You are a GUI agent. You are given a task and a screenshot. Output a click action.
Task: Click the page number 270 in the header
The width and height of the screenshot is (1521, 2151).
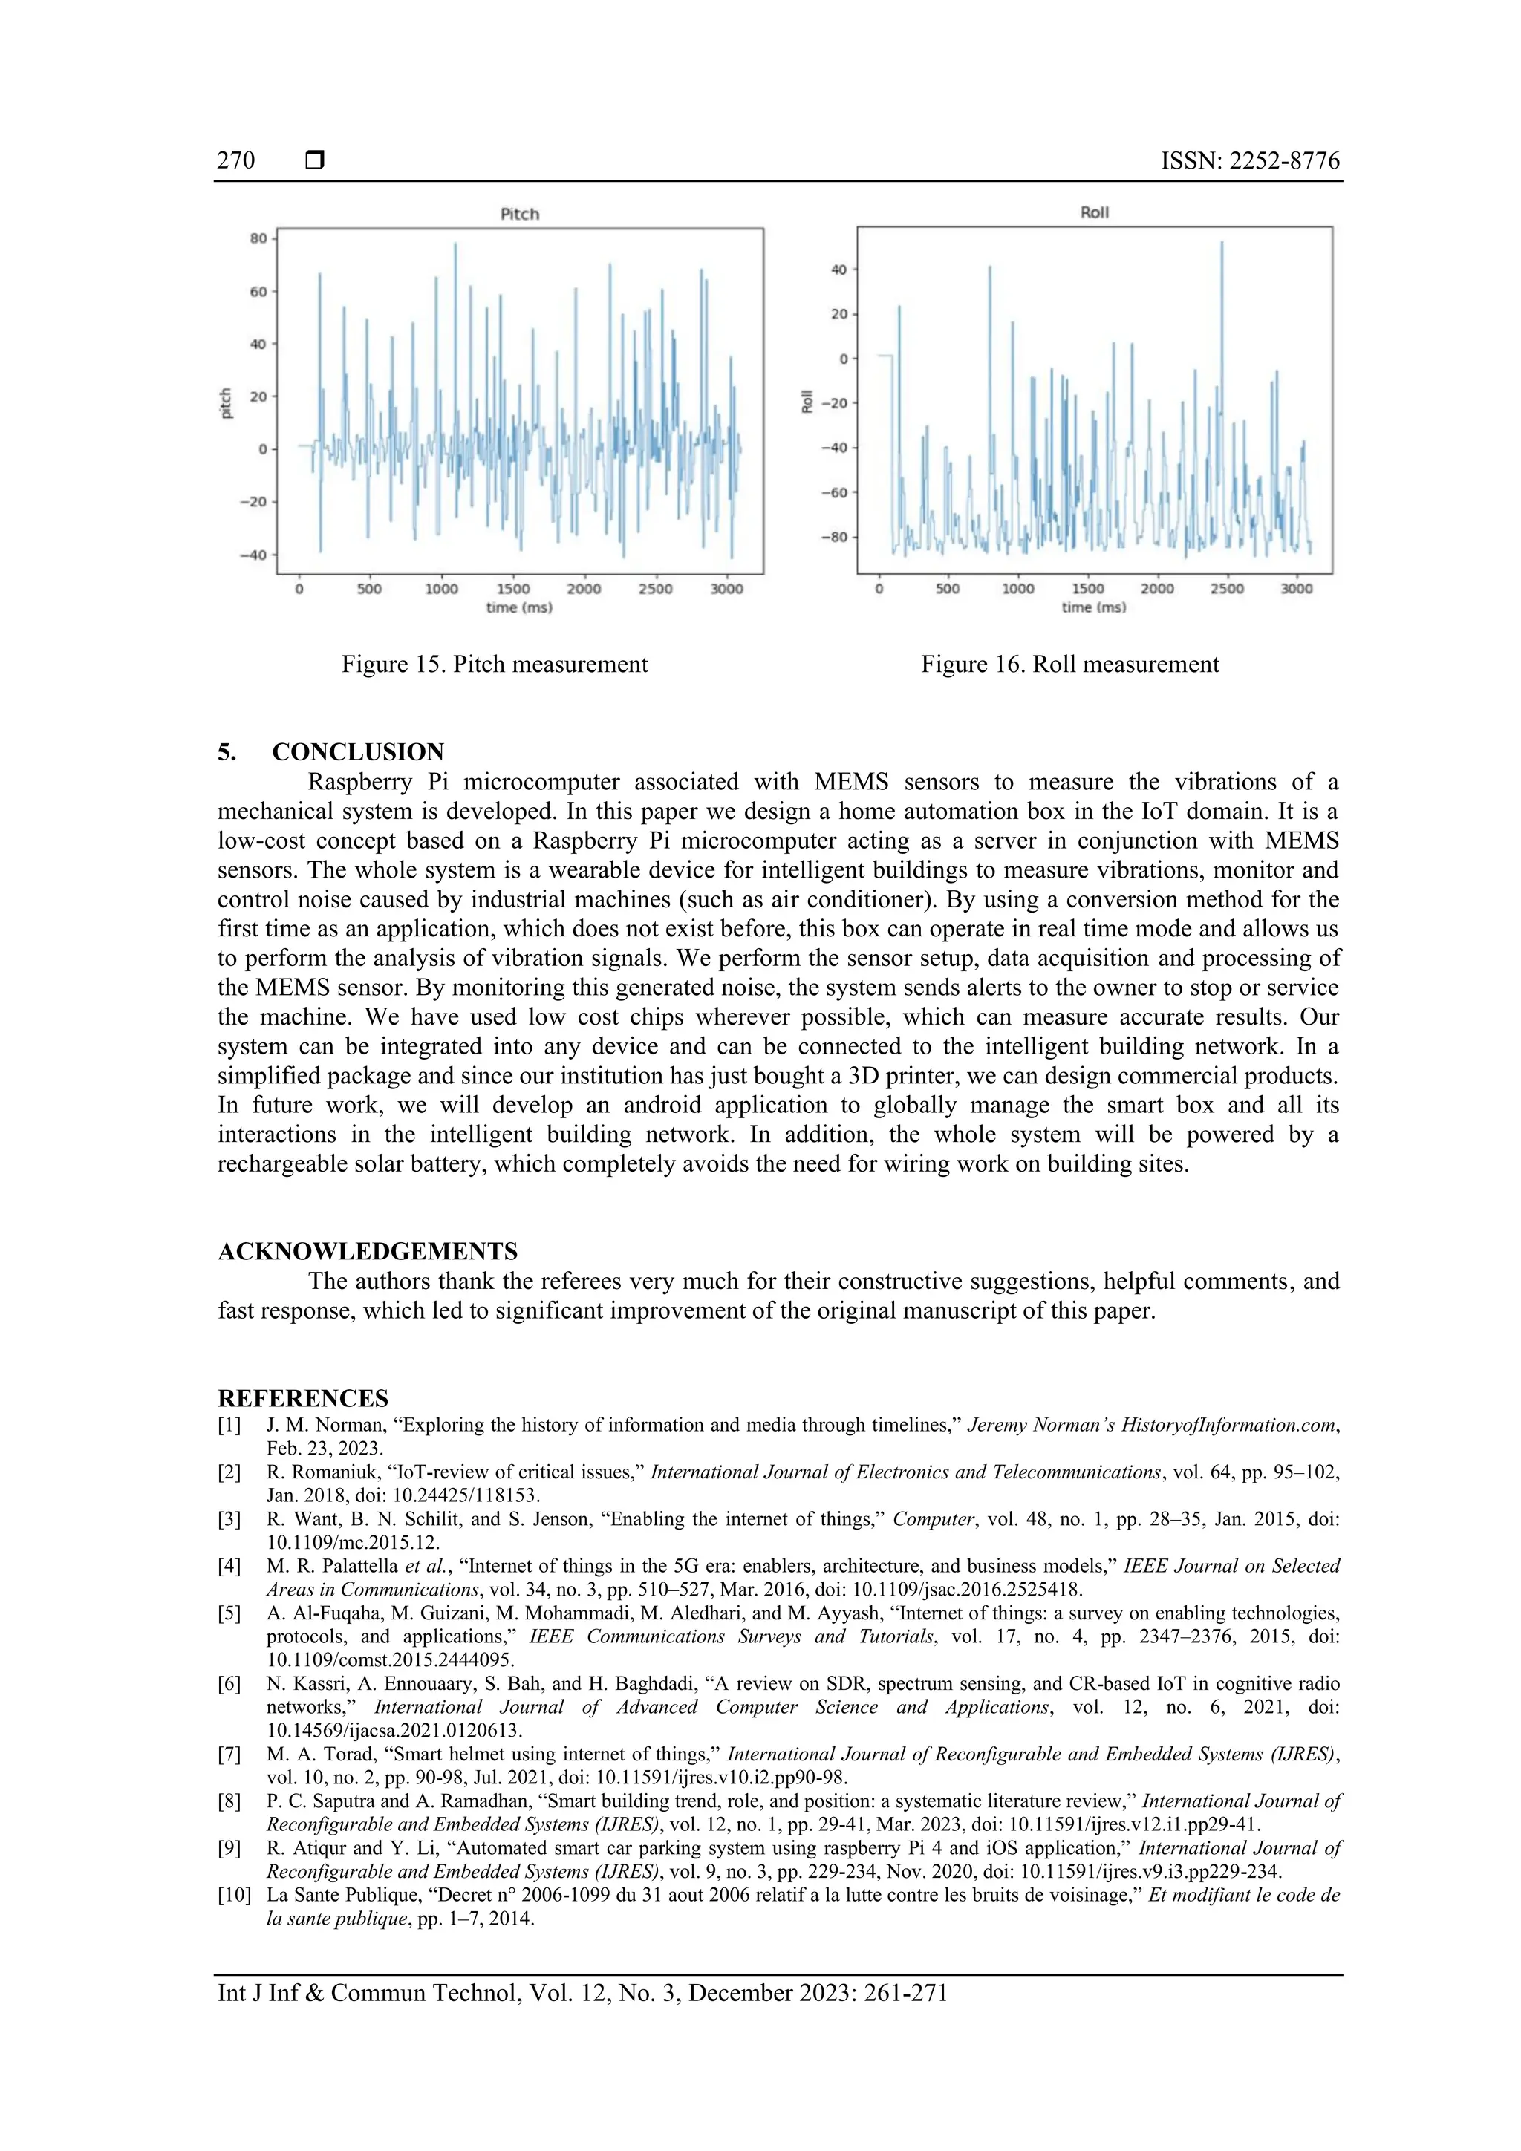coord(235,160)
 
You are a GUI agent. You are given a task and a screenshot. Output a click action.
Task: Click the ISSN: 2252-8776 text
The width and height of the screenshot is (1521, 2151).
coord(1250,160)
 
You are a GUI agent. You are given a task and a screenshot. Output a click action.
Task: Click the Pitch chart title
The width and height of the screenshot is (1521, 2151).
coord(519,214)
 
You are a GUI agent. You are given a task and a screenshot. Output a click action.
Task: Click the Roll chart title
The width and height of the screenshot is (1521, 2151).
coord(1094,212)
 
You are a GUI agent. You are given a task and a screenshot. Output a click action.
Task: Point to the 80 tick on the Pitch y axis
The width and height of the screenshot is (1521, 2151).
coord(258,239)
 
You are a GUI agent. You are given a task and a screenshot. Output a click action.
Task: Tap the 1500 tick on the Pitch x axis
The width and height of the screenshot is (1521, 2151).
coord(512,590)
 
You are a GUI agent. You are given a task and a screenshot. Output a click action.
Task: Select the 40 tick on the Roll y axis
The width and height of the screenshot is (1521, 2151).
coord(838,270)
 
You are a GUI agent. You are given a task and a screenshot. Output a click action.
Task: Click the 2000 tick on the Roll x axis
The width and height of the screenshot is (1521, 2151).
coord(1156,590)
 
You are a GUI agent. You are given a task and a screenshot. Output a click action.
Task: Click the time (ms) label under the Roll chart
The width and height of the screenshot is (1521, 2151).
coord(1094,607)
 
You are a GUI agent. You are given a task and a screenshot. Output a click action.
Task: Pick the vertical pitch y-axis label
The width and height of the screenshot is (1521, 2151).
coord(226,403)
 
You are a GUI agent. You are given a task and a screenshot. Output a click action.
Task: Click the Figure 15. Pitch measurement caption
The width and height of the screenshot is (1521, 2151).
coord(494,665)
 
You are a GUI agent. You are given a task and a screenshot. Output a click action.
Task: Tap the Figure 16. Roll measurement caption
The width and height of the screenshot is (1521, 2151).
coord(1069,665)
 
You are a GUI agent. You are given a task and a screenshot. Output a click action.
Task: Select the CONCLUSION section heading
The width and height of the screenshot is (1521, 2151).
coord(358,751)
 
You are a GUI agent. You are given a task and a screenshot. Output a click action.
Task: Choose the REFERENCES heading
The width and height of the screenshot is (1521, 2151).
coord(303,1398)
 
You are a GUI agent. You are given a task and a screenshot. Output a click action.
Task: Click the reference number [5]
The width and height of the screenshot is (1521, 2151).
coord(229,1613)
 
